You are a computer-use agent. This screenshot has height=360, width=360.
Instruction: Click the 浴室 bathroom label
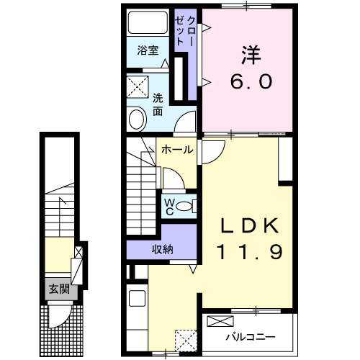coord(148,51)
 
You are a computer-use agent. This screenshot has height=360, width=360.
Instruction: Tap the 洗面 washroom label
coord(157,104)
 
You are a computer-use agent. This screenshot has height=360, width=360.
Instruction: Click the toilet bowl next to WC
coord(186,206)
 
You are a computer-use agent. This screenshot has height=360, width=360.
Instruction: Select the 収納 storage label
coord(162,249)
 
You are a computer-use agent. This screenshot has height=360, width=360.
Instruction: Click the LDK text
coord(249,226)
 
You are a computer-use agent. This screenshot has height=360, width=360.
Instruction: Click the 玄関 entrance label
coord(58,290)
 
